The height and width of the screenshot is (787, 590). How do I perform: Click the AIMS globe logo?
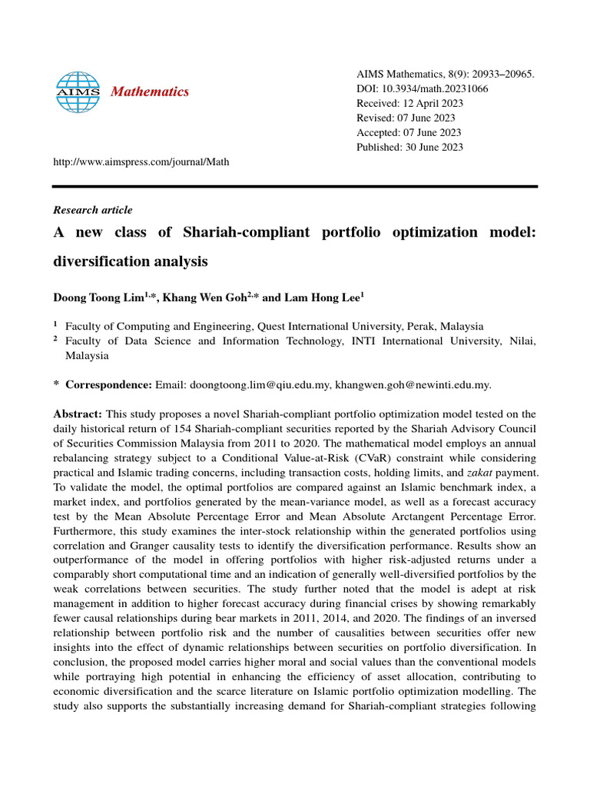78,92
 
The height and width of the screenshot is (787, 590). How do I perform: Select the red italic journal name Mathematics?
150,92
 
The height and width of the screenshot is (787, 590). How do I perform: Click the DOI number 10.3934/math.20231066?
434,88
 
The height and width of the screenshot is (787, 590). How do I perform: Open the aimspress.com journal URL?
141,161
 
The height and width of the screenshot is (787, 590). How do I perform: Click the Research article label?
92,210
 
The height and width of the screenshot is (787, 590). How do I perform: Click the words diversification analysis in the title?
130,261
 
